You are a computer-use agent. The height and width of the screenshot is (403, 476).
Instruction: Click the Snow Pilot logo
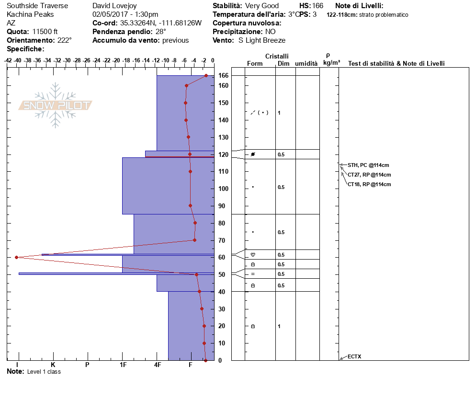55,105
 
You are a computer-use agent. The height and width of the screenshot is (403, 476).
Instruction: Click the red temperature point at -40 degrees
17,257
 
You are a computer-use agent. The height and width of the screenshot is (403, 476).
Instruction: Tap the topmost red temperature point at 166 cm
206,75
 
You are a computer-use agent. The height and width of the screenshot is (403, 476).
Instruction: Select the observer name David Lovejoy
114,6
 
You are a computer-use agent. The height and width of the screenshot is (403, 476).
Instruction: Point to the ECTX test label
354,356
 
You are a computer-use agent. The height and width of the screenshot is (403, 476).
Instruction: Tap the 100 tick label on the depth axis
223,189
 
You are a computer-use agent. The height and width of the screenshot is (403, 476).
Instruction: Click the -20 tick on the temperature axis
116,60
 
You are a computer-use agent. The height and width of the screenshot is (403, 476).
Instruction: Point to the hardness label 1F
123,365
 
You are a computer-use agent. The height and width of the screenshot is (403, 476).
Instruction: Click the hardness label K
53,365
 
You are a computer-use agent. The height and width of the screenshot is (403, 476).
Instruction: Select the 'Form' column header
255,64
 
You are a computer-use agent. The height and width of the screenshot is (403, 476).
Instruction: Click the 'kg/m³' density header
331,63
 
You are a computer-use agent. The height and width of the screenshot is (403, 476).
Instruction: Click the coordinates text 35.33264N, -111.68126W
160,23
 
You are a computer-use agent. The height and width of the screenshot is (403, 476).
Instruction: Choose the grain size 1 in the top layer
279,113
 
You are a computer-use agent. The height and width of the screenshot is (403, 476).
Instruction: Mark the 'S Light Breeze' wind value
262,40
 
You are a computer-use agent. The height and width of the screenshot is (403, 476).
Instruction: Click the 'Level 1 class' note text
44,372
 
